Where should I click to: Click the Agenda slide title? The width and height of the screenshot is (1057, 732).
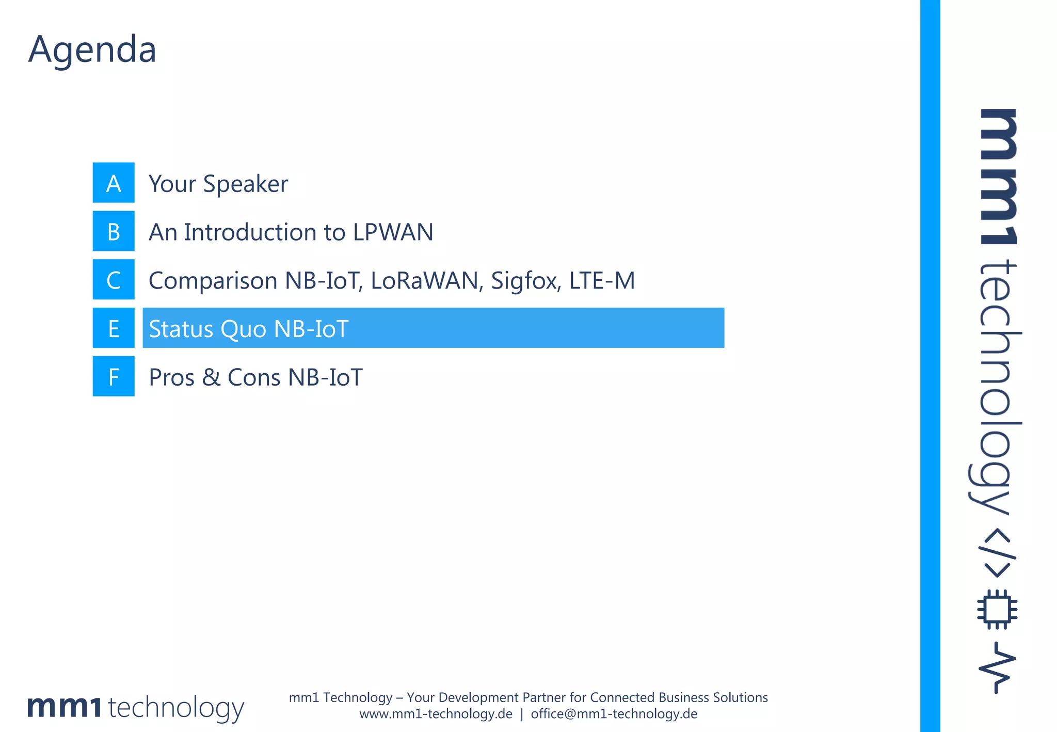point(92,50)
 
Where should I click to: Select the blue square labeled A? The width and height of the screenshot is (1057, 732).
point(114,183)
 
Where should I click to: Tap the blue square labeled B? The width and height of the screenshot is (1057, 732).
point(114,231)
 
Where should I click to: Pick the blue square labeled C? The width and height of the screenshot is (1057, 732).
point(114,280)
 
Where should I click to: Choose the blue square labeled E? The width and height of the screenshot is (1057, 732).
point(114,328)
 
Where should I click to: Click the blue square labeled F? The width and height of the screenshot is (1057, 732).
point(114,377)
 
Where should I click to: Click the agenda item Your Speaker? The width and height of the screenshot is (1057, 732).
point(218,184)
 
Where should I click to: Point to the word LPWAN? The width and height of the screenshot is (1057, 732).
point(393,232)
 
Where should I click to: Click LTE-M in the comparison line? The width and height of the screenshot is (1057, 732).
point(602,280)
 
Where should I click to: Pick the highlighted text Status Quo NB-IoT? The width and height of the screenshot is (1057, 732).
point(248,329)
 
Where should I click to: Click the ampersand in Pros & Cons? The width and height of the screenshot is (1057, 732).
point(211,377)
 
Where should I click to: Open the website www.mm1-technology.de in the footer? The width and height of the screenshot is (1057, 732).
point(436,714)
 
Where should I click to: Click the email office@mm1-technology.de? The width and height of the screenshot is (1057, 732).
point(614,714)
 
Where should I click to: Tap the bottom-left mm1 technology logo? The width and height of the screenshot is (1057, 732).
point(135,707)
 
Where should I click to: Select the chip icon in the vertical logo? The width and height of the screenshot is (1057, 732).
point(997,609)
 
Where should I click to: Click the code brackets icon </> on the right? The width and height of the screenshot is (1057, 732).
point(997,552)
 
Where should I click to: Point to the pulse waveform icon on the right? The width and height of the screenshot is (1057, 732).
point(997,667)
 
